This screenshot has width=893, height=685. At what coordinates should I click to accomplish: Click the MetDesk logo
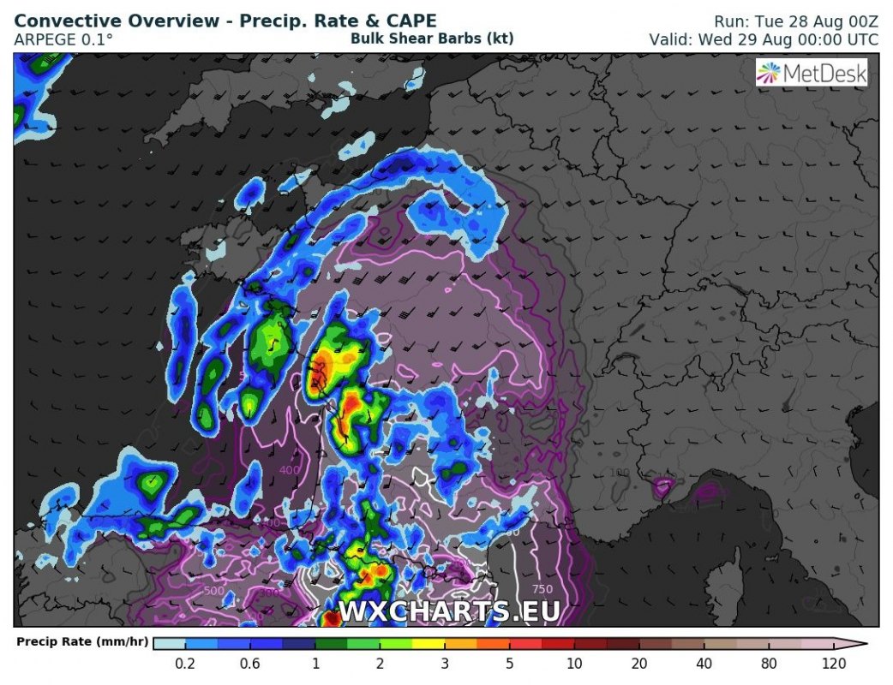[812, 73]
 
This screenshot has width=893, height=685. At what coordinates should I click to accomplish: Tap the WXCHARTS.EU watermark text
[449, 611]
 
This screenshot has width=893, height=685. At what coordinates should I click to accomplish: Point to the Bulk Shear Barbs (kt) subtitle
[432, 39]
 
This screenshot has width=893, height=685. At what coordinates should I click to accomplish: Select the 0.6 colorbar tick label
[251, 664]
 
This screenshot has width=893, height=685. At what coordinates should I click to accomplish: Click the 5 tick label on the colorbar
[510, 664]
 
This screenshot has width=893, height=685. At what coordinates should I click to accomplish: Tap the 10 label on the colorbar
[574, 664]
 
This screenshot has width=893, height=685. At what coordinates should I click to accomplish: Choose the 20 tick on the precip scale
[638, 664]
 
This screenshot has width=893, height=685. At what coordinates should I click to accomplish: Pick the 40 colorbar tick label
[704, 664]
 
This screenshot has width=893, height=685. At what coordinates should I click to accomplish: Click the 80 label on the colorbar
[768, 664]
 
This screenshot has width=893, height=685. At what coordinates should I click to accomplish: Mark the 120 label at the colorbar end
[833, 664]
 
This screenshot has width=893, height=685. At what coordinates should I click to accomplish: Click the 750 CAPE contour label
[542, 589]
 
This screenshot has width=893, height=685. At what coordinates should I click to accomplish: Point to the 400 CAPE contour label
[290, 469]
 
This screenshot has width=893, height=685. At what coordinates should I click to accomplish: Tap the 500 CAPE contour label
[214, 591]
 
